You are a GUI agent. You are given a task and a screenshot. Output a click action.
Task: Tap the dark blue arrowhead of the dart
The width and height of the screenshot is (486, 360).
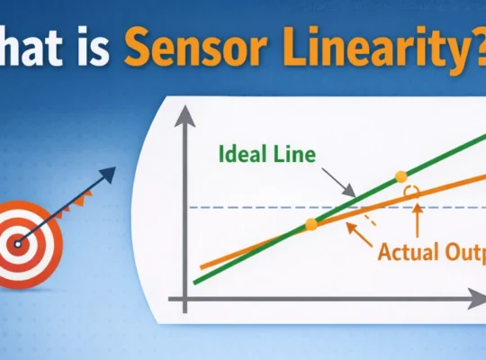click(110, 174)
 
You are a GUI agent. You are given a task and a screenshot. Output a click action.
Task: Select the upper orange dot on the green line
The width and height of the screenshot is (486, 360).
click(401, 175)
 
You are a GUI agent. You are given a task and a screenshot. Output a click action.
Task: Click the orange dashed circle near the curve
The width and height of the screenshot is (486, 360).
click(412, 193)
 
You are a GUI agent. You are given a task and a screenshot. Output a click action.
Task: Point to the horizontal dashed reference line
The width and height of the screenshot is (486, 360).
click(252, 208)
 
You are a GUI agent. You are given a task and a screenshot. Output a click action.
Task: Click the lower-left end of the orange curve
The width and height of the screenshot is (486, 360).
click(202, 267)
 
